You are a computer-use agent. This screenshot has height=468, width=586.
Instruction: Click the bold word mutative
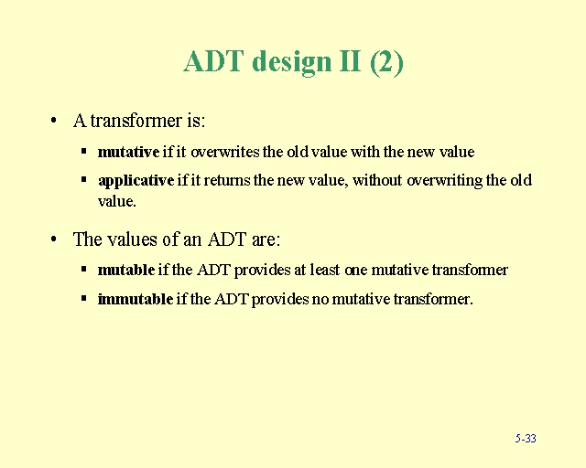click(x=128, y=152)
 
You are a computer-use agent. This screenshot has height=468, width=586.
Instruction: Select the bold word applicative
click(x=136, y=180)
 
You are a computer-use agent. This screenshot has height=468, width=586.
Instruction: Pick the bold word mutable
click(x=125, y=270)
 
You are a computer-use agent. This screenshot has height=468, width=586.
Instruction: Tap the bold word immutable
click(x=135, y=299)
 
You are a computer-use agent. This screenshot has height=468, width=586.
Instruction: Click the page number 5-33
click(x=526, y=439)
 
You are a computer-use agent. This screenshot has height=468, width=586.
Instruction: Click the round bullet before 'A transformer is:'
click(x=56, y=121)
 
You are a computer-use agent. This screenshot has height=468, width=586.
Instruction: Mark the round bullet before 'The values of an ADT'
click(x=56, y=239)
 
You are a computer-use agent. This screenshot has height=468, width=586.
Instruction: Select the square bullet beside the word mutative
click(x=83, y=151)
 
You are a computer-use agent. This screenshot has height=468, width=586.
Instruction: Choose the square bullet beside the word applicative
click(x=83, y=179)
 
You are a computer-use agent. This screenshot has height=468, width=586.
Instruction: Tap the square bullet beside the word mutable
click(x=83, y=269)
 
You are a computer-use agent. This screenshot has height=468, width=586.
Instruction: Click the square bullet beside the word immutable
click(x=83, y=298)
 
